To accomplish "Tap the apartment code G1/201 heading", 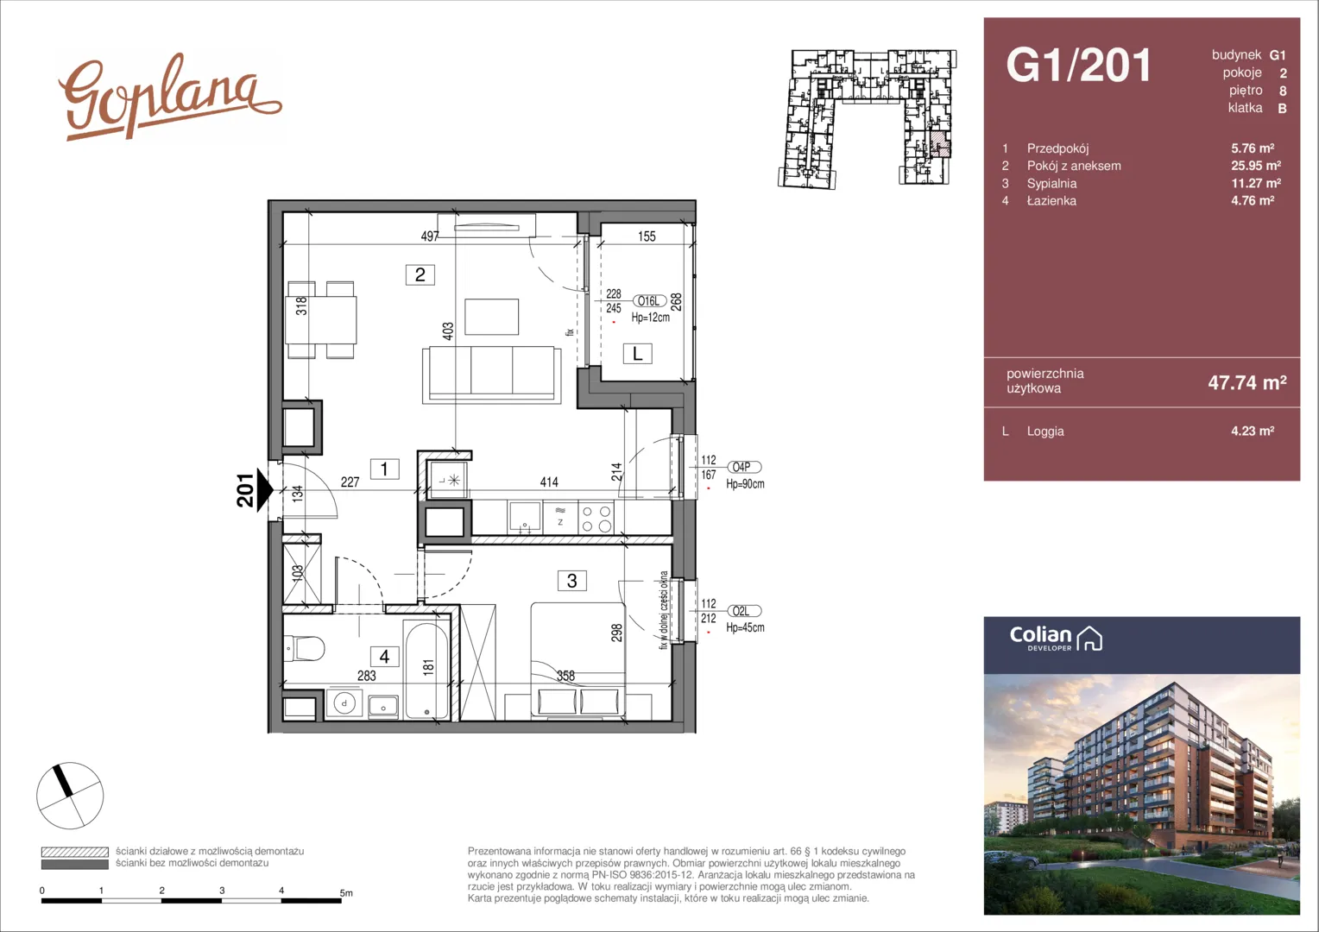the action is coord(1078,65).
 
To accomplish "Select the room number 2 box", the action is coord(420,274).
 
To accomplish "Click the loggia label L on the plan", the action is coord(637,354).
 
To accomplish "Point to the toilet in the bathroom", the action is coord(304,649).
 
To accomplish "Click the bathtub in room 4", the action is coord(426,670).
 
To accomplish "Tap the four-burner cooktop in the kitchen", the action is coord(596,518).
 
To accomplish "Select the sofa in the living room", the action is coord(492,375).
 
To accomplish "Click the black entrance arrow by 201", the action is coord(265,489).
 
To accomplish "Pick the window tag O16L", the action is coord(649,301).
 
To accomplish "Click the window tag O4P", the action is coord(744,467).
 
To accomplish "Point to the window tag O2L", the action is coord(744,611).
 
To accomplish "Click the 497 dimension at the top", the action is coord(430,236).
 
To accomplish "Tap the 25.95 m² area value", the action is coord(1256,166).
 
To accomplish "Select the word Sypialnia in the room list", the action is coord(1051,183).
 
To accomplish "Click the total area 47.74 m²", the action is coord(1247,382).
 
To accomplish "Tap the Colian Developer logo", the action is coord(1056,639).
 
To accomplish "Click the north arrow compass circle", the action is coord(70,796).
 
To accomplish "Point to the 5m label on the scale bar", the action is coord(346,892).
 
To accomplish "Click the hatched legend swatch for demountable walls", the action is coord(75,852).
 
